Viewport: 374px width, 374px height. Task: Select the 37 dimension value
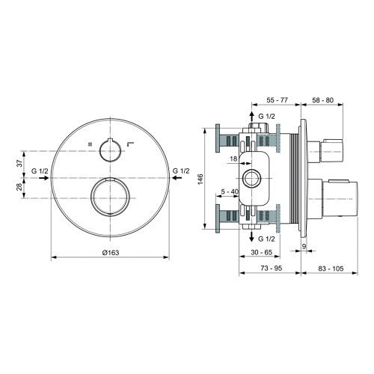[x=19, y=163]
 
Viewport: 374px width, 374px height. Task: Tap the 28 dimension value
[x=19, y=187]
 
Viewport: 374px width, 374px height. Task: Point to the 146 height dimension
[x=200, y=180]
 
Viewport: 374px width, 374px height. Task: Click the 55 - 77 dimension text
[x=277, y=99]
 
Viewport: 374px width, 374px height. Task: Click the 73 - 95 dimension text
[x=269, y=267]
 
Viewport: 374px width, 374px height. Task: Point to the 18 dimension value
[x=234, y=159]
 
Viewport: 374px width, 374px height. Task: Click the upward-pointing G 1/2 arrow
[x=251, y=117]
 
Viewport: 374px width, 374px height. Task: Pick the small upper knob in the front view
[x=111, y=148]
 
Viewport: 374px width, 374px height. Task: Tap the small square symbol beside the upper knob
[x=88, y=143]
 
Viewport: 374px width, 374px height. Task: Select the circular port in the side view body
[x=252, y=179]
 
